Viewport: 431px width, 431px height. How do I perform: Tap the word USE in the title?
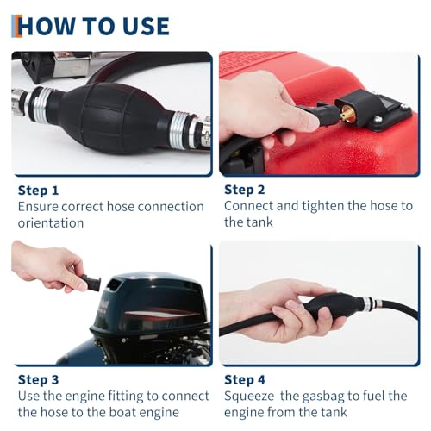141,25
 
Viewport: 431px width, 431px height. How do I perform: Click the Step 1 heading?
39,190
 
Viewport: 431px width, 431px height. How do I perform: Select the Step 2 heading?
246,190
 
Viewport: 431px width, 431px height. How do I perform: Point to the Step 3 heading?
39,378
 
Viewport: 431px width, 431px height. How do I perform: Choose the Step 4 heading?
246,378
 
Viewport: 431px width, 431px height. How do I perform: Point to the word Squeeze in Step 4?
251,396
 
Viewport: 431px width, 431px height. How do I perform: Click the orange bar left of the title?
14,25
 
